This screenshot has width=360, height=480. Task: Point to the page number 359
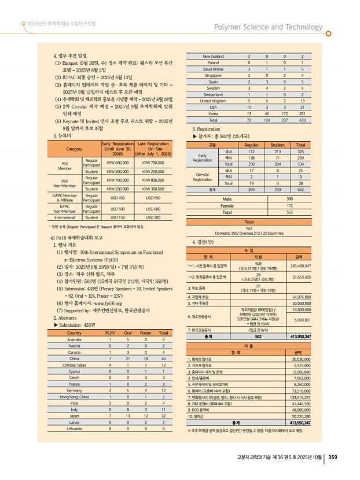click(333, 457)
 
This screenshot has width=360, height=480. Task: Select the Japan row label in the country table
click(74, 416)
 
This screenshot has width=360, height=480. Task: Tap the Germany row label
click(74, 390)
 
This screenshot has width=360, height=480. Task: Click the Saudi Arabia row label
click(213, 69)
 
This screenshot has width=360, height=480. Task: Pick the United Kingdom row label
click(213, 101)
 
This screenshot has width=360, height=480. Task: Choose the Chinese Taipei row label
click(74, 365)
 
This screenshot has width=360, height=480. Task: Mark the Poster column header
click(146, 333)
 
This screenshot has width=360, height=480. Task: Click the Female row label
click(227, 205)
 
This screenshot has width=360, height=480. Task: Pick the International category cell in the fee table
click(64, 217)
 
